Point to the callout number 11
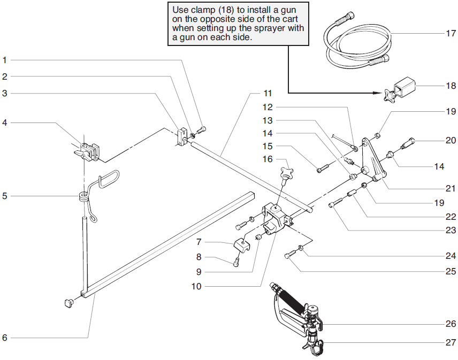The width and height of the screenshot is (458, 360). click(x=268, y=93)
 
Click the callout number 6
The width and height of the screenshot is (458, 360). click(x=5, y=338)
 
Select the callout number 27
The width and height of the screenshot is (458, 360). click(x=452, y=342)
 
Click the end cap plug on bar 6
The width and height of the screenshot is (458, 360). click(x=68, y=304)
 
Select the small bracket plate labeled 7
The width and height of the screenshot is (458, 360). click(x=241, y=246)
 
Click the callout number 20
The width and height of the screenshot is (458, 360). click(x=452, y=141)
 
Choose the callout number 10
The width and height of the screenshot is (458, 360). click(x=196, y=286)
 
